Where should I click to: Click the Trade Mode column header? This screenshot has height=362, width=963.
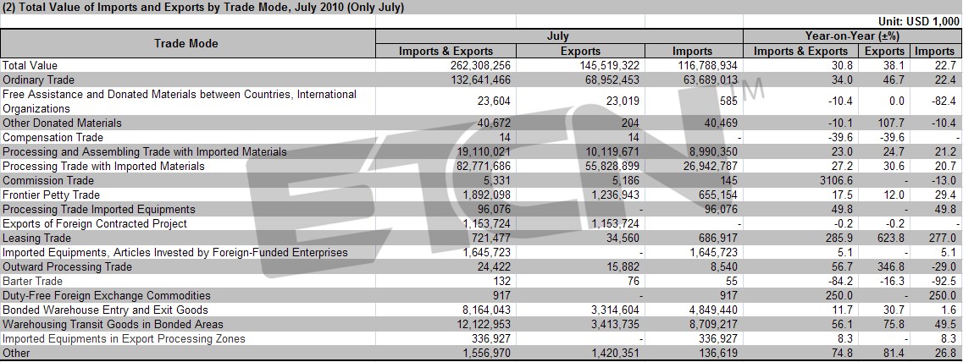186,44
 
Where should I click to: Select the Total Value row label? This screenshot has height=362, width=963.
30,65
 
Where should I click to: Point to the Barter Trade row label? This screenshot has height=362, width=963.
32,281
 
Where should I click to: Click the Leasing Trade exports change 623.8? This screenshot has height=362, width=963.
891,238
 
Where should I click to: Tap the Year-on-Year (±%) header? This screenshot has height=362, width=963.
852,36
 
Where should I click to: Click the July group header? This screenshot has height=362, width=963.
558,36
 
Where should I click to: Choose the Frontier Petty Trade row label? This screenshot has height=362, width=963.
48,195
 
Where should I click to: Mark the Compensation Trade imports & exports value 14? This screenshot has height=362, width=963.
505,137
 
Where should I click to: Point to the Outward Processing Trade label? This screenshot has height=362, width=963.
67,267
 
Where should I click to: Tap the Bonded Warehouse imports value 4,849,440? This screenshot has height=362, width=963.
712,310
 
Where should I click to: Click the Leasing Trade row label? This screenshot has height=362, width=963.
37,238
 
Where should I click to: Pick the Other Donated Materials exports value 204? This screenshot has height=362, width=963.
630,123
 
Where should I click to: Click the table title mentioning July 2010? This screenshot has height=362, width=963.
202,8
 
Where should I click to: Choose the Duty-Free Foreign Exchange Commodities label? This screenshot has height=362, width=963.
106,296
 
